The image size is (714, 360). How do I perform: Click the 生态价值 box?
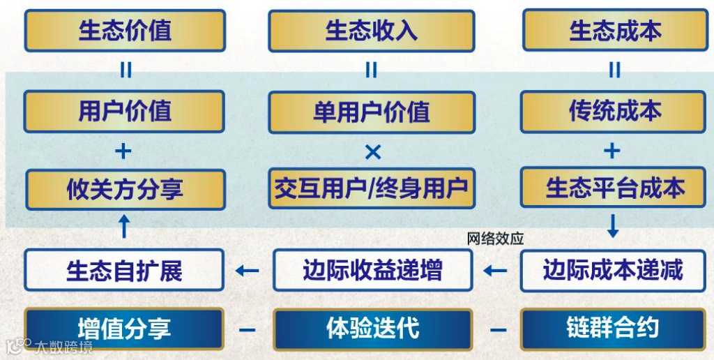(x=125, y=31)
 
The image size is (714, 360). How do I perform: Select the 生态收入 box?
(x=371, y=31)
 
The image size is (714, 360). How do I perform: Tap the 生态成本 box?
(x=614, y=31)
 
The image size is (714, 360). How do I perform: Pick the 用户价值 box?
(x=125, y=112)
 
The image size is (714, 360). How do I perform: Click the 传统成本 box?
(x=614, y=112)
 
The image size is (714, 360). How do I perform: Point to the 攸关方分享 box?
(x=125, y=189)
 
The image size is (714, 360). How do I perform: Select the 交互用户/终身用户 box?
(x=371, y=188)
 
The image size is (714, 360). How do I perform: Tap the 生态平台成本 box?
(x=614, y=188)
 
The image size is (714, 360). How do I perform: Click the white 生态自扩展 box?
(x=124, y=270)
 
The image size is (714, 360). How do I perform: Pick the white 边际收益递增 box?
(x=372, y=270)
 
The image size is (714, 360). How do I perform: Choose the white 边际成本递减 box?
(x=614, y=270)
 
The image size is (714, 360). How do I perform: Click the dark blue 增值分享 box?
(x=124, y=329)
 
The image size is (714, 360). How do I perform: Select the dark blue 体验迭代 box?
(x=372, y=329)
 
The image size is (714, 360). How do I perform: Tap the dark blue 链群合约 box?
(x=614, y=329)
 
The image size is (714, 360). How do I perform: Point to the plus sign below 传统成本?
(x=612, y=151)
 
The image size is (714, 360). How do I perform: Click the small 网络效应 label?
(x=495, y=239)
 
